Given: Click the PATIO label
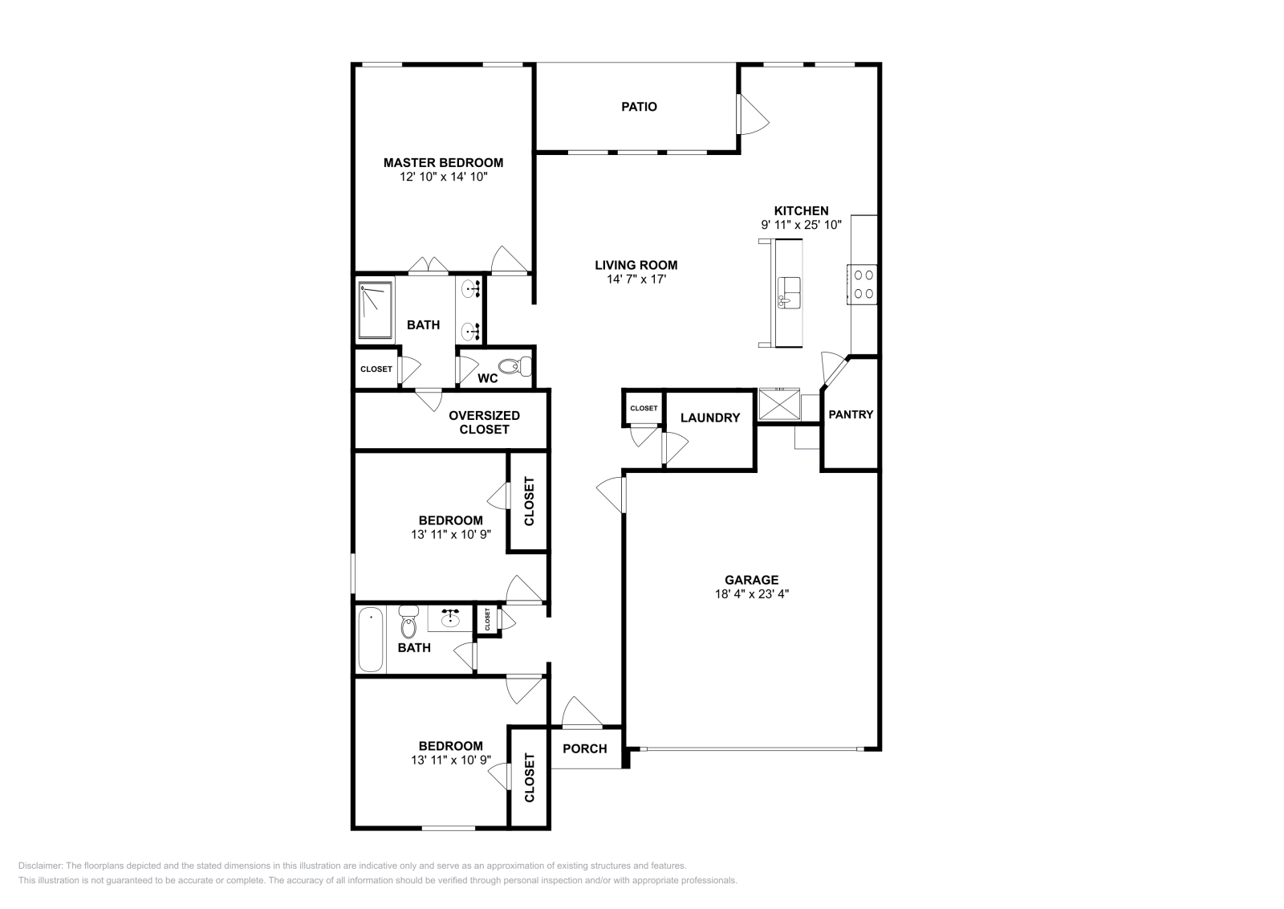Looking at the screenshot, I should [x=639, y=107].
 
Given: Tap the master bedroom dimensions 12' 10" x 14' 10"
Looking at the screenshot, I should [x=443, y=176].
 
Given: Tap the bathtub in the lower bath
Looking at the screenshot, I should [x=370, y=639].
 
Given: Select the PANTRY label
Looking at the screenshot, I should [x=850, y=414].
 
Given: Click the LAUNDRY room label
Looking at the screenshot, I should [x=709, y=418].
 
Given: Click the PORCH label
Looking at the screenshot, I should [x=584, y=748].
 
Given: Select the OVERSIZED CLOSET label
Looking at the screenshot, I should [x=484, y=422].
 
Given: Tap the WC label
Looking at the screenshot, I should [x=488, y=377].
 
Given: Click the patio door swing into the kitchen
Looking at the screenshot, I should [x=753, y=114].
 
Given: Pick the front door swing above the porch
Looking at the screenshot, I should [x=581, y=712].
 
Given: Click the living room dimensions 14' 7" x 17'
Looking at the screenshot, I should [x=636, y=279].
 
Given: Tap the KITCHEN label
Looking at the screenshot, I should [x=800, y=211].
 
